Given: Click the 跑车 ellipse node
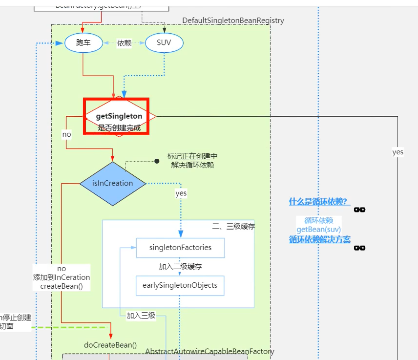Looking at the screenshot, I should [84, 43].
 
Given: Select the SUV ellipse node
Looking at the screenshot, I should [164, 43].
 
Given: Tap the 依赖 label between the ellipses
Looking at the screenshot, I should [124, 43].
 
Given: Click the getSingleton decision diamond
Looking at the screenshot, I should [119, 117].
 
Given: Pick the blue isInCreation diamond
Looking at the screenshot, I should [113, 184].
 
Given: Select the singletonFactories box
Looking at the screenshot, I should [180, 248].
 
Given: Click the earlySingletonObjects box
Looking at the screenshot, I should [180, 285].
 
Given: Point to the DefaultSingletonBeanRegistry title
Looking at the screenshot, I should [233, 21].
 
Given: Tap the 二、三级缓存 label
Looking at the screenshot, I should [233, 226].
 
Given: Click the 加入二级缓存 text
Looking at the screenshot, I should [180, 267].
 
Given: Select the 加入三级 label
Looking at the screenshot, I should [141, 316].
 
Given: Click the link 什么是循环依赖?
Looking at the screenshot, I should [318, 202].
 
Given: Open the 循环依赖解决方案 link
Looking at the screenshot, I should [319, 239].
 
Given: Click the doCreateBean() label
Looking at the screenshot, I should [110, 345].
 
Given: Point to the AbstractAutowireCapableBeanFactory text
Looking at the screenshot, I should [209, 352].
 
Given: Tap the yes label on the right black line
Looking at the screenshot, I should [397, 152].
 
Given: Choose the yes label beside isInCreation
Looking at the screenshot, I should [181, 193].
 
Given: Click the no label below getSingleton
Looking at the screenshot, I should [66, 134].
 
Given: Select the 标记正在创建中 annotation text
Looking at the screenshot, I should [192, 156].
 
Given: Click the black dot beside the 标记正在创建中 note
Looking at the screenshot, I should [157, 161].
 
